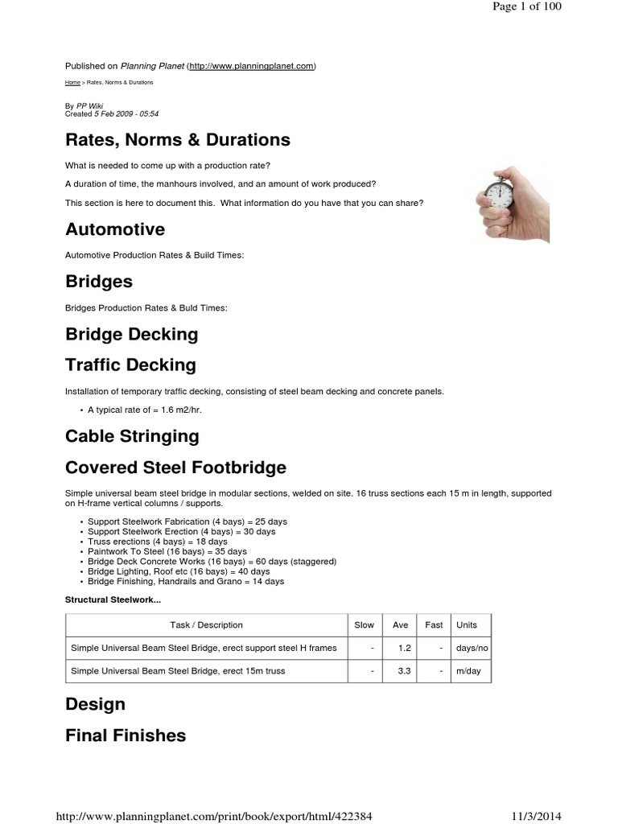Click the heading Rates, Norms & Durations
click(177, 140)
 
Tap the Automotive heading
click(114, 229)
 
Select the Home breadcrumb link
click(72, 83)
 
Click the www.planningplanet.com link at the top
click(251, 66)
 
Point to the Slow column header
click(364, 625)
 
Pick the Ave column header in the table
click(400, 625)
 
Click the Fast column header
click(434, 625)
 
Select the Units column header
click(467, 625)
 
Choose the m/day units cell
click(468, 671)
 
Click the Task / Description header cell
click(206, 625)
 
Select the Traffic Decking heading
click(130, 365)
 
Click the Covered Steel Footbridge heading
click(175, 468)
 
